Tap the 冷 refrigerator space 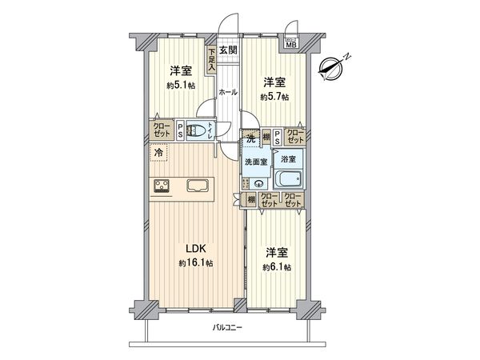[159, 153]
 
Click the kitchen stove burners [161, 187]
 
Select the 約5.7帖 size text [274, 96]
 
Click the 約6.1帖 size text [276, 267]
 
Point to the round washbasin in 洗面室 [257, 182]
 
